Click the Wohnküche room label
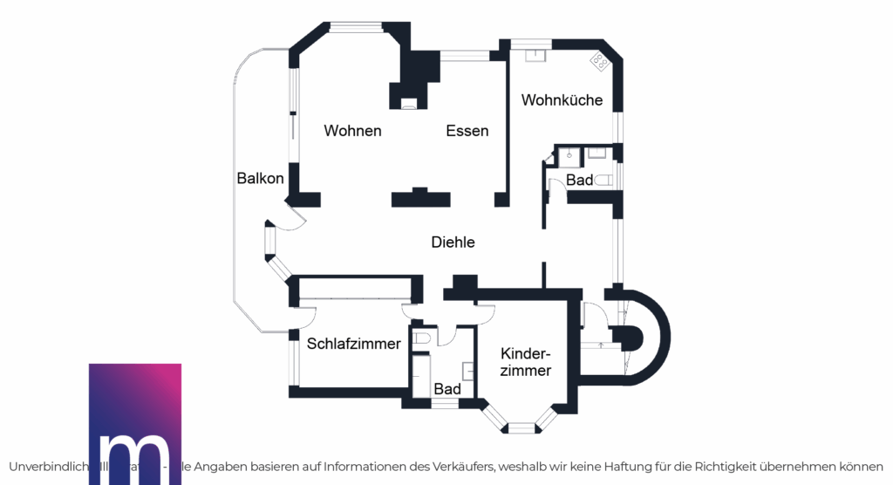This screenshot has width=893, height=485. click(562, 100)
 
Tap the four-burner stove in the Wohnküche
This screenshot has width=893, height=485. click(601, 60)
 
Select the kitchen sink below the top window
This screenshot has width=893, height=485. click(535, 56)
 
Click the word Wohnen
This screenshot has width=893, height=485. click(352, 131)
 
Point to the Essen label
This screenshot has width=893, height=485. click(467, 131)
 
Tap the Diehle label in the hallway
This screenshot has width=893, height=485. click(453, 242)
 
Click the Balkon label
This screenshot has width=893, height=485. click(260, 178)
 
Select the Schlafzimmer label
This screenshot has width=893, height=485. click(353, 344)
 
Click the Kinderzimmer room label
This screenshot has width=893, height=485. click(526, 362)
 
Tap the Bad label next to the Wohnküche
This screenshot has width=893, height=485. click(579, 180)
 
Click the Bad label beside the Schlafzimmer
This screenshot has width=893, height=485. click(446, 388)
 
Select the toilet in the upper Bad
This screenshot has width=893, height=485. click(606, 179)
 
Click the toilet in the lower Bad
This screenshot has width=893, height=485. click(422, 338)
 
